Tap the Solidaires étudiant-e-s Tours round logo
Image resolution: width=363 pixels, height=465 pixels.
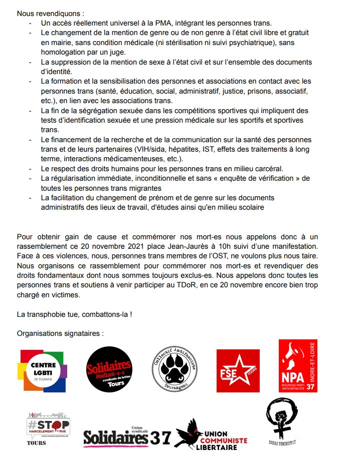109,369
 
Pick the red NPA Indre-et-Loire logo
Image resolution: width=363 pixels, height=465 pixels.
298,366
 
